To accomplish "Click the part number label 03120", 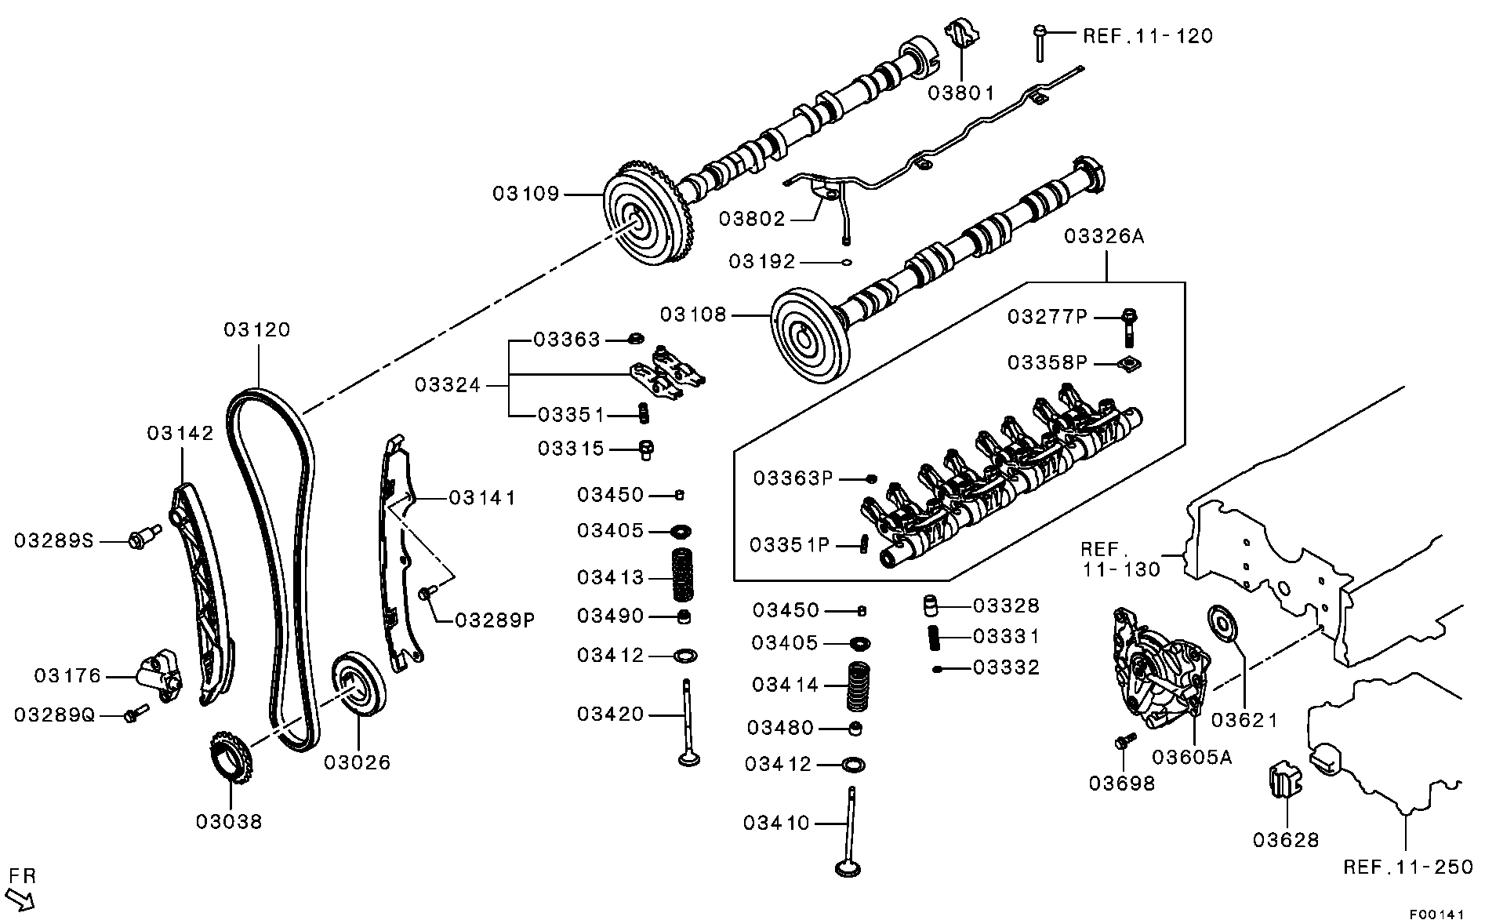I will point(257,330).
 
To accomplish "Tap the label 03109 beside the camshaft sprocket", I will point(526,194).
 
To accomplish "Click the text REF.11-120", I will point(1147,36).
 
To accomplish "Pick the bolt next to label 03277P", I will point(1129,327).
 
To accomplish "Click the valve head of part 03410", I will point(848,868).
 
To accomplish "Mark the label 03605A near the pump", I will point(1192,757).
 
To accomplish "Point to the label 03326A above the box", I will point(1104,236).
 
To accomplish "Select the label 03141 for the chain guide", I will point(482,498).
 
